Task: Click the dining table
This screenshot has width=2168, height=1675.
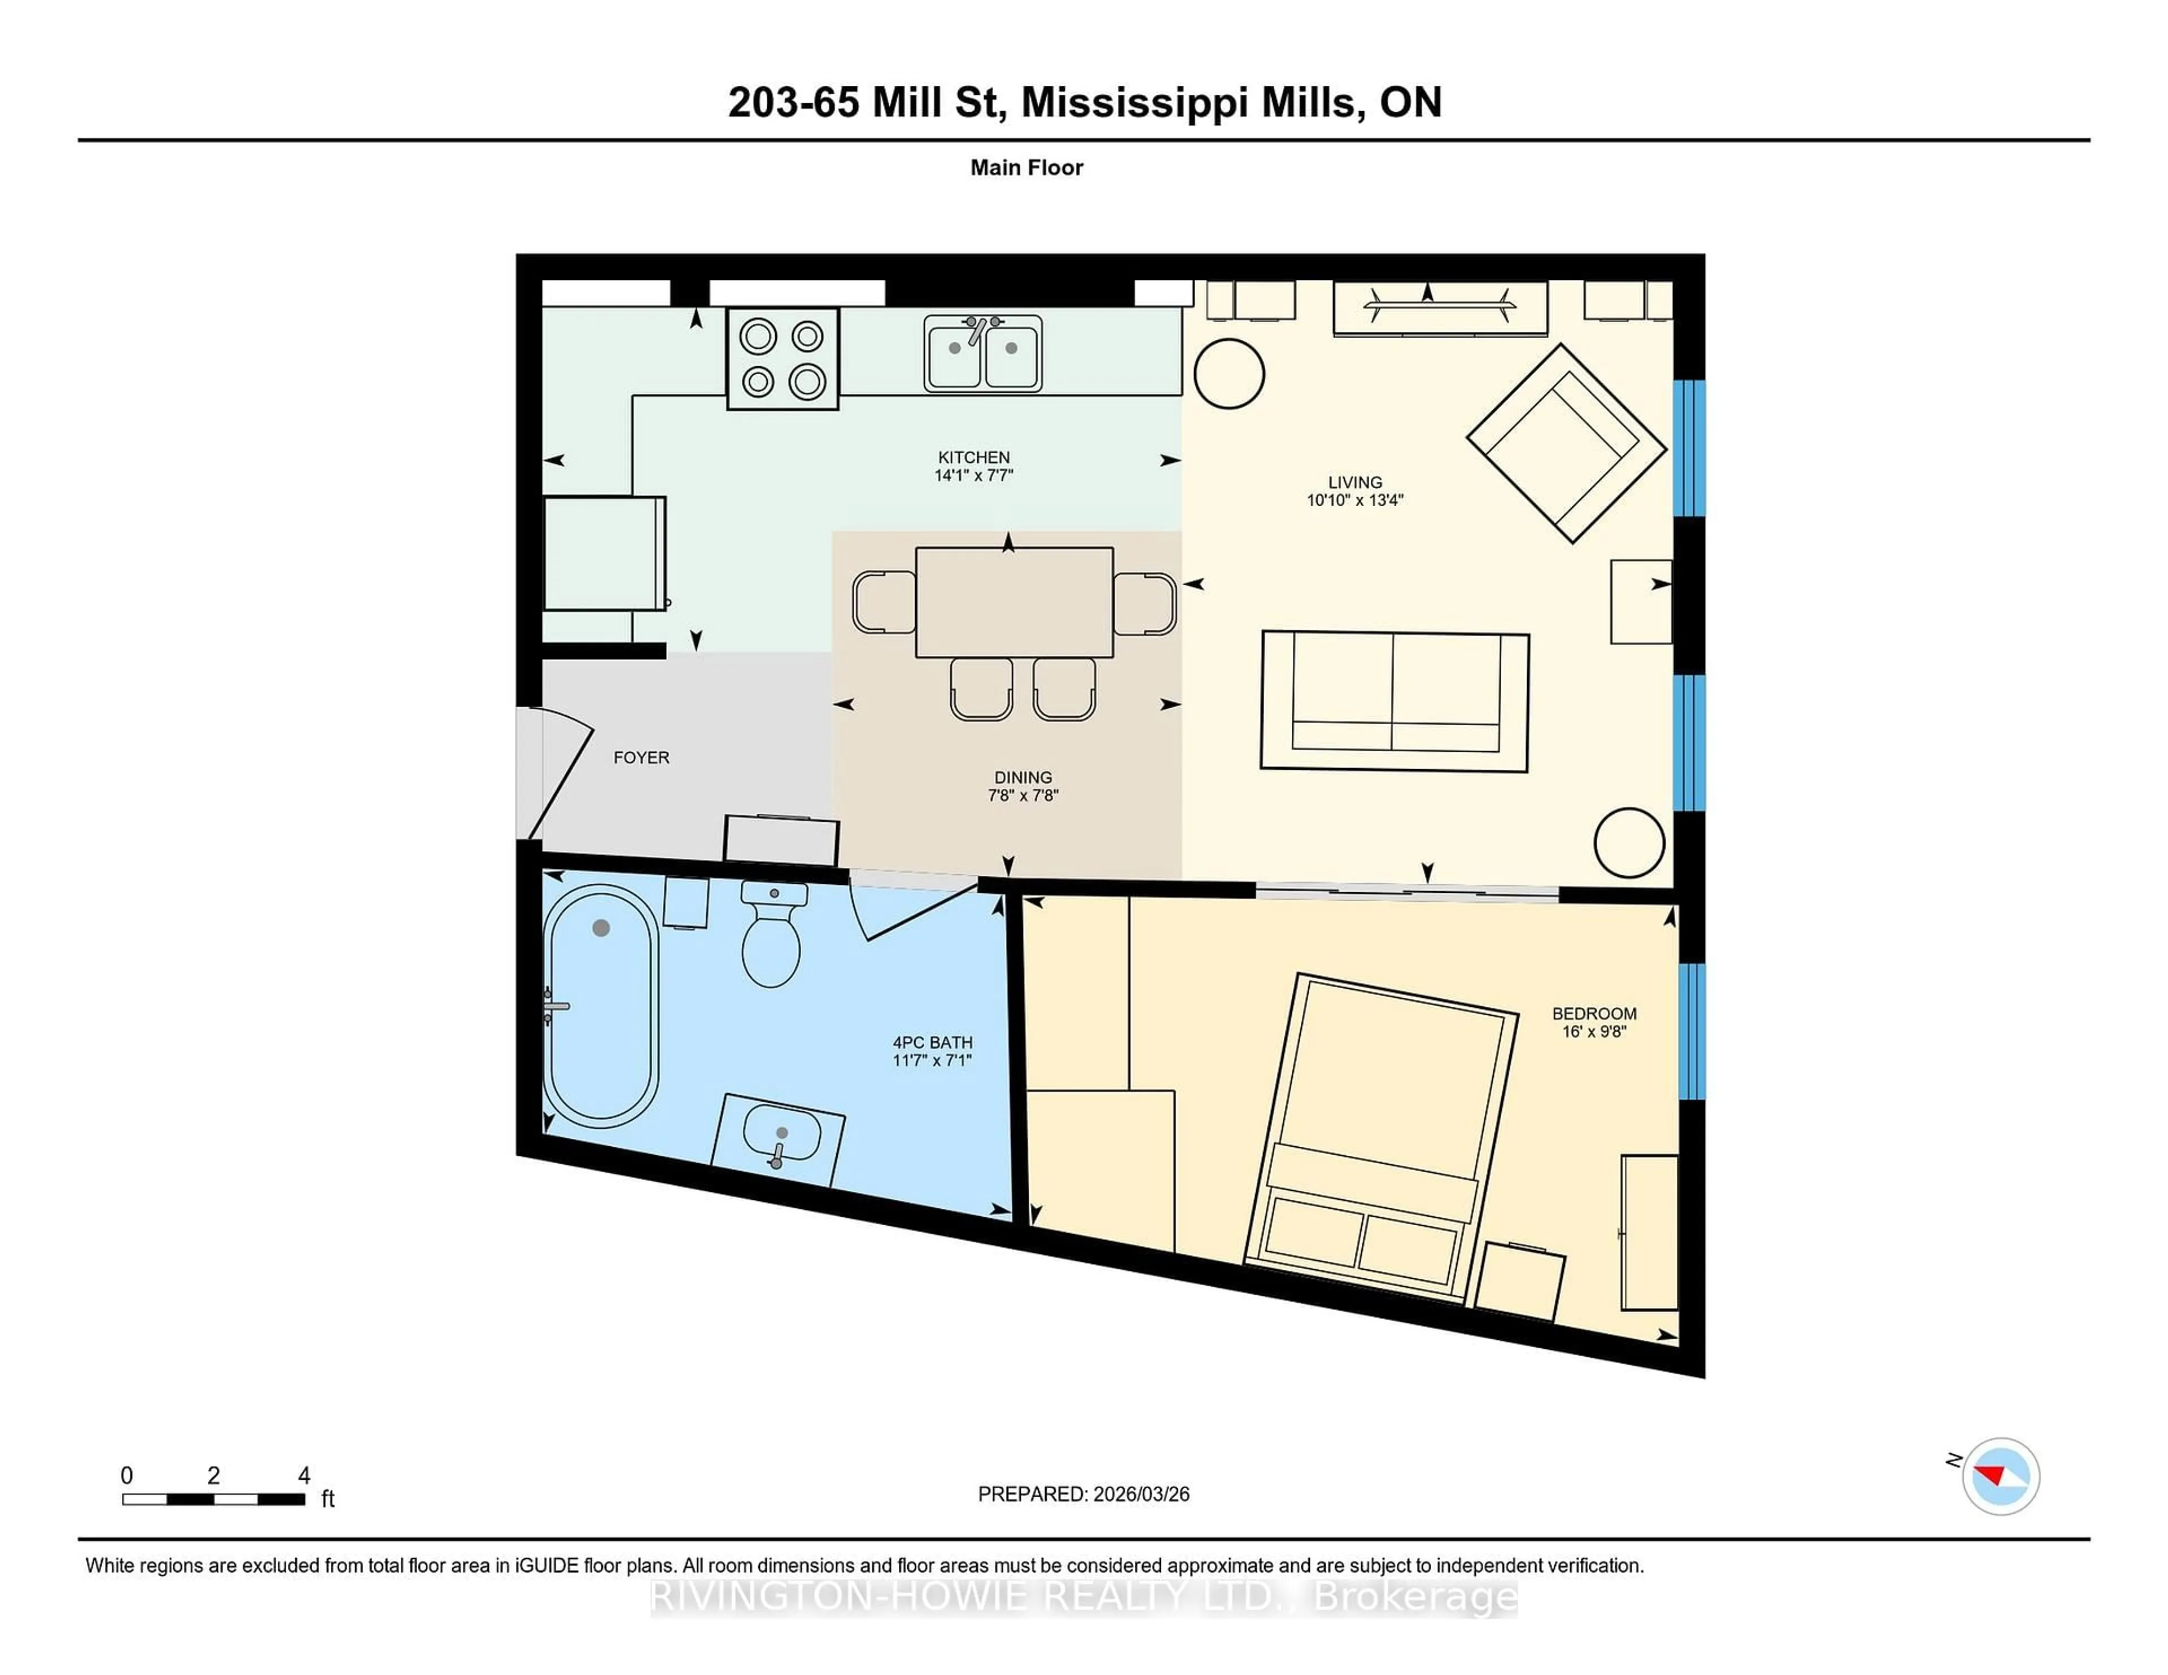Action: coord(1013,602)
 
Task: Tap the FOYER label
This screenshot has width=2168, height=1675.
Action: coord(641,757)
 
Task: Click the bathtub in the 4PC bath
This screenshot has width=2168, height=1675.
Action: coord(601,1005)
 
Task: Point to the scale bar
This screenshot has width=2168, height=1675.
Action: coord(213,1498)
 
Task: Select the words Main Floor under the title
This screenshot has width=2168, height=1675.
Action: coord(1026,168)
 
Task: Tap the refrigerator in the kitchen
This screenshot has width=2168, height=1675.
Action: coord(604,554)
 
